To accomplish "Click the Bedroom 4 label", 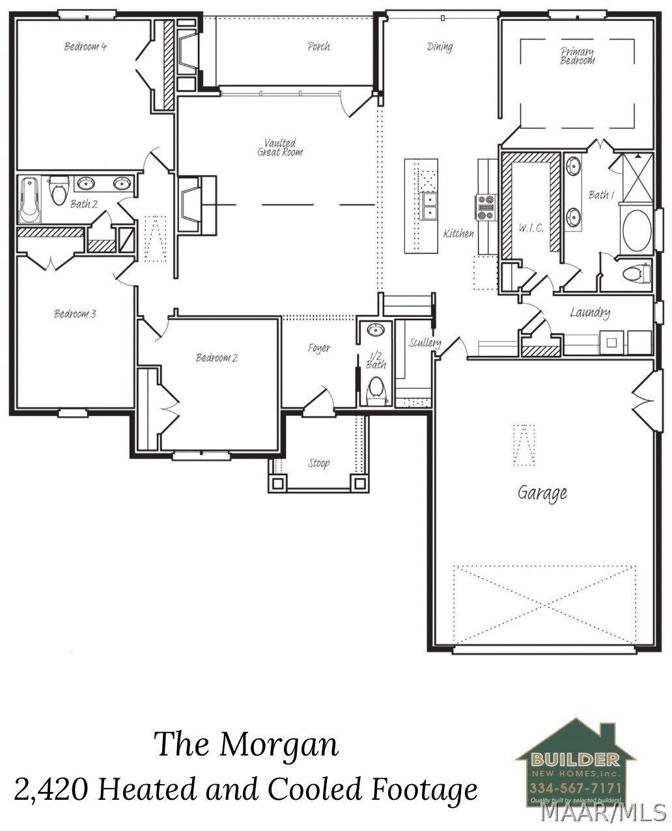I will [x=85, y=46].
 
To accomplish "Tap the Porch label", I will [x=318, y=46].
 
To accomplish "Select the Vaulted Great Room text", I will [x=280, y=147].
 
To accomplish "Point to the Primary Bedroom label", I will [x=578, y=56].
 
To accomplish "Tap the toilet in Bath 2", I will [x=59, y=191].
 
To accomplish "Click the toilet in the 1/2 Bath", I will [x=376, y=390].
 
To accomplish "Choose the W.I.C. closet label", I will [x=531, y=228].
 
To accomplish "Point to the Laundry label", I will [x=589, y=313].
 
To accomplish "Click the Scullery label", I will [x=425, y=343].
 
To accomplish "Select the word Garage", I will [x=542, y=493].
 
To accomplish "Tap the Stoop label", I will [x=318, y=463].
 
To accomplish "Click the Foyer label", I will [x=319, y=348].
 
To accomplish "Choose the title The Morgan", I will [x=247, y=744].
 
